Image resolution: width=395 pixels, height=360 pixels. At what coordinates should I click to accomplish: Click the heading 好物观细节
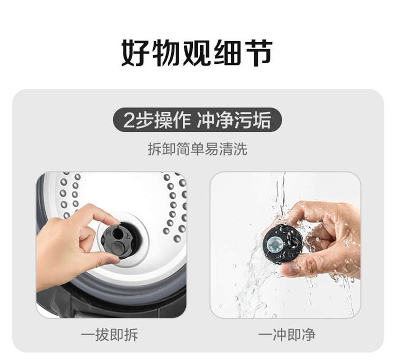click(197, 53)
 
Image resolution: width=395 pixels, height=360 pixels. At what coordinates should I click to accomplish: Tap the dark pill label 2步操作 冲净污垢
click(197, 120)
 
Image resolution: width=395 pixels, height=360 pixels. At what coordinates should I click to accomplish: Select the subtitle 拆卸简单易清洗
click(197, 149)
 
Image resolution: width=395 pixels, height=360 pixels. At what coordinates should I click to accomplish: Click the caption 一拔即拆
click(110, 335)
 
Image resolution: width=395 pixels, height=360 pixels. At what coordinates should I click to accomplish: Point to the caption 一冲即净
click(287, 335)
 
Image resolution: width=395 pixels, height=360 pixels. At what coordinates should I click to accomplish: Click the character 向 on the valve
click(108, 232)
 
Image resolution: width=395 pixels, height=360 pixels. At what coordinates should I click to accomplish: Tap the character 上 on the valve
click(127, 236)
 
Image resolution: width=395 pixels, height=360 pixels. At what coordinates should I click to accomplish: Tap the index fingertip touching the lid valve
click(115, 222)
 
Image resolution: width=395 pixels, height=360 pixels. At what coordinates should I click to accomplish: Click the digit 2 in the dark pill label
click(129, 120)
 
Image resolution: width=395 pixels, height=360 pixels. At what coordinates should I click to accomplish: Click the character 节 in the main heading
click(260, 53)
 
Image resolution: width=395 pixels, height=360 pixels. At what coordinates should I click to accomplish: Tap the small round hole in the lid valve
click(117, 233)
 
